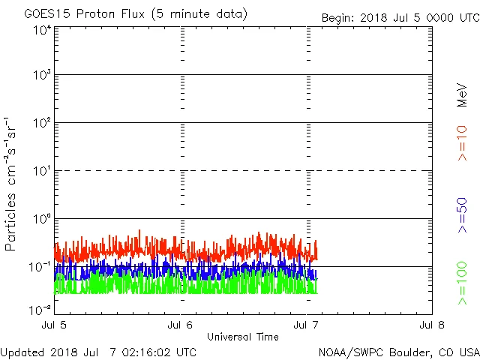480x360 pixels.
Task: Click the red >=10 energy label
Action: [463, 142]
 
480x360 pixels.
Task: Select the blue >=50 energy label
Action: [463, 214]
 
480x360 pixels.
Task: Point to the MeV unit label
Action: [463, 95]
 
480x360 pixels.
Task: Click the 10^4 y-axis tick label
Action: [41, 30]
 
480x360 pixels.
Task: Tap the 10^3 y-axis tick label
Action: [41, 76]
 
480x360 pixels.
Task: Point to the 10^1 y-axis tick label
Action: [41, 172]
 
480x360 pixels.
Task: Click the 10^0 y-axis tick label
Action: [41, 220]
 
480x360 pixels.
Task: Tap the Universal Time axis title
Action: [243, 337]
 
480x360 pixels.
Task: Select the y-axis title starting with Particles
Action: [13, 184]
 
